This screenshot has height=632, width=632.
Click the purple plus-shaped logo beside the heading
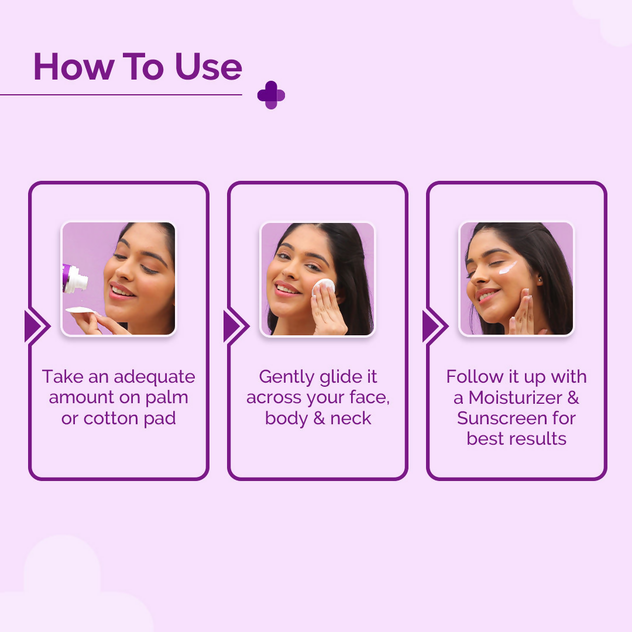tap(271, 95)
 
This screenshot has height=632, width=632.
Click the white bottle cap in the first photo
tap(77, 280)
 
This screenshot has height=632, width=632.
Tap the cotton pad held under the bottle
tap(81, 311)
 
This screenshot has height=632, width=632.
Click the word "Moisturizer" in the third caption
tap(507, 398)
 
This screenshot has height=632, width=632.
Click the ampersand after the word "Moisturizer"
tap(573, 398)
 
